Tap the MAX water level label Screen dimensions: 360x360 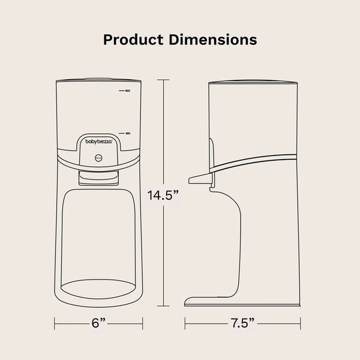(127, 91)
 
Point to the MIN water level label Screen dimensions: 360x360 (127, 132)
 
